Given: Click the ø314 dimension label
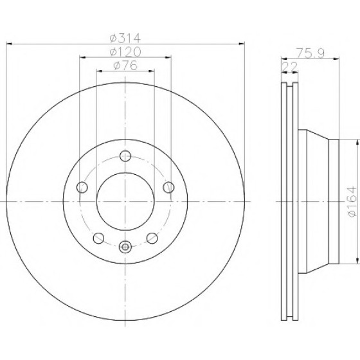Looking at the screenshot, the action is tap(125, 38).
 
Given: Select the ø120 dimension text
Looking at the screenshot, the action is tap(125, 52).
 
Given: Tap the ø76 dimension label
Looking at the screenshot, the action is tap(125, 66).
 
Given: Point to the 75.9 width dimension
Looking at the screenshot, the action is tap(310, 53).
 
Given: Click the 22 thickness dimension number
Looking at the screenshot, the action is tap(289, 67).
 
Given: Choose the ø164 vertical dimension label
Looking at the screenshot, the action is tap(352, 201).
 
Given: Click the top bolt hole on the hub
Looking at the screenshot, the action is tap(125, 156).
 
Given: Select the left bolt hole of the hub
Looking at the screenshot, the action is tap(82, 187).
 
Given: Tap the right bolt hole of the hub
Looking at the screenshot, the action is tap(168, 187).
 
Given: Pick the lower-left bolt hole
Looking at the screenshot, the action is tap(99, 238).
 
